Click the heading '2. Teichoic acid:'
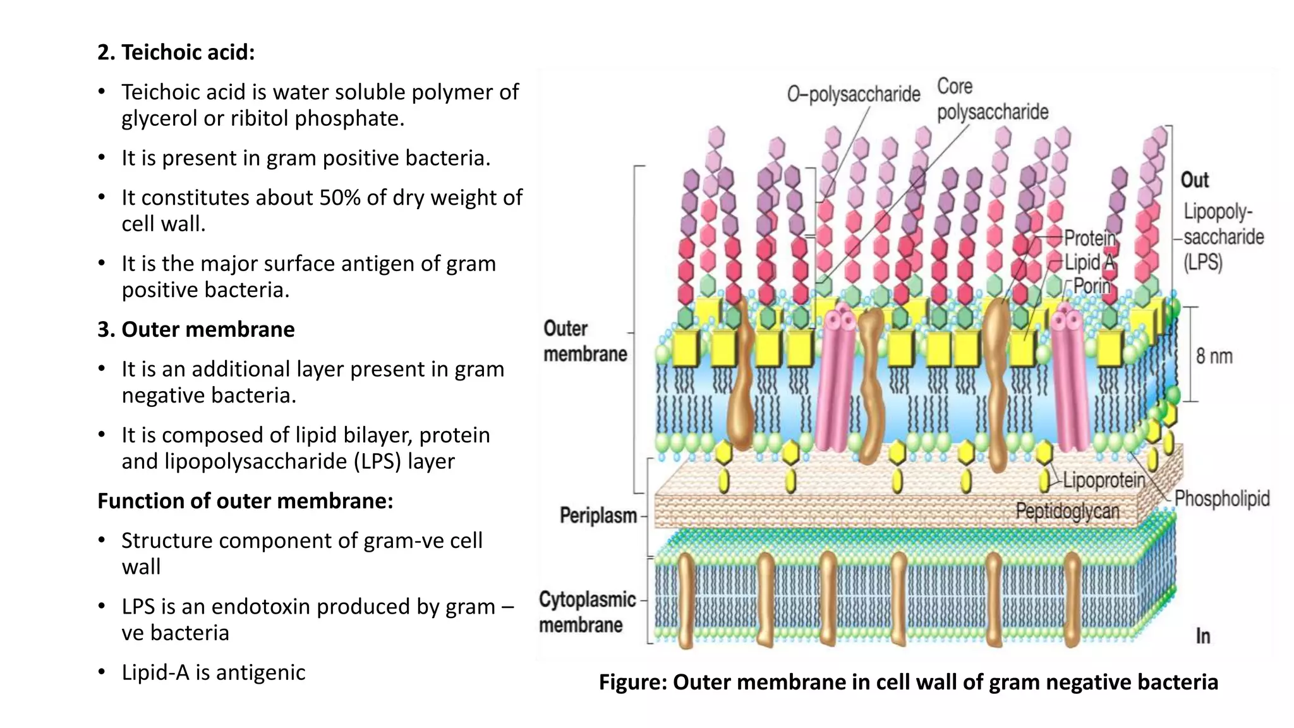(x=176, y=52)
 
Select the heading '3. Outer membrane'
(x=196, y=330)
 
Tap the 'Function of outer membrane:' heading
(x=245, y=501)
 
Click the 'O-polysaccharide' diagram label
(x=854, y=95)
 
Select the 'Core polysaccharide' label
(x=992, y=100)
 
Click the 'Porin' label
(x=1092, y=286)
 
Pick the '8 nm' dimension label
(x=1214, y=356)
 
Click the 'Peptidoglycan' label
(x=1067, y=511)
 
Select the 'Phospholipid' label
(x=1222, y=499)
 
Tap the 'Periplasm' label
(x=598, y=516)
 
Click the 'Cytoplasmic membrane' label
(x=586, y=612)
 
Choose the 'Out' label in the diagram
(x=1195, y=180)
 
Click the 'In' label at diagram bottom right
(x=1203, y=636)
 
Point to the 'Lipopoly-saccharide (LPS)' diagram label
(x=1223, y=237)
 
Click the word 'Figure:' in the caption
(x=632, y=682)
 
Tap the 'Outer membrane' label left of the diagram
(x=585, y=341)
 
